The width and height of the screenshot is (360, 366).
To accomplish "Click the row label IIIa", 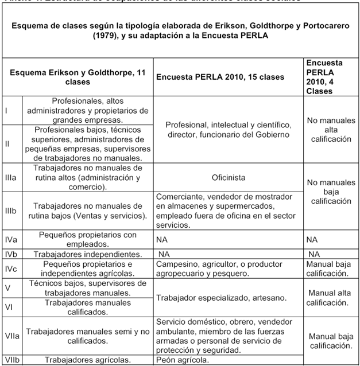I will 10,177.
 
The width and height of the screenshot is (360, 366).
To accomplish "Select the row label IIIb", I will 10,211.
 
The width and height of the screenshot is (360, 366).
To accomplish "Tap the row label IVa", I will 11,239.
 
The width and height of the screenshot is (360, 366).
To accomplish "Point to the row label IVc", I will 11,268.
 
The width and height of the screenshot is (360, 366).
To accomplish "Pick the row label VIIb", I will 11,360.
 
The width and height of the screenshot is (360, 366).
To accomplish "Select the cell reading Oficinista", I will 229,177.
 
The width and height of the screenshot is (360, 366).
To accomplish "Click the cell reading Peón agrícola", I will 183,360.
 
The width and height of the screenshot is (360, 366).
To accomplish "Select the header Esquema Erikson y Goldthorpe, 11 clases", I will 79,77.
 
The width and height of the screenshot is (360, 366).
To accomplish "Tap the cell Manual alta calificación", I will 331,297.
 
